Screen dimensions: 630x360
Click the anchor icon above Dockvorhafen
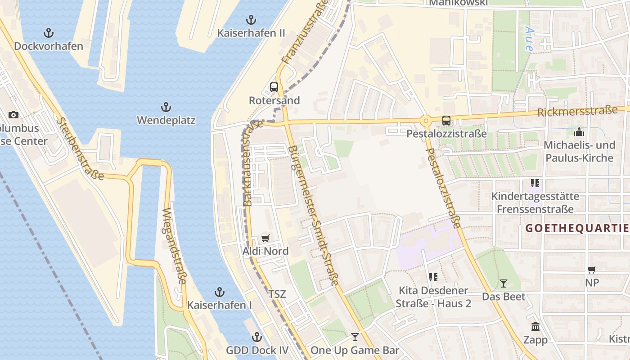[x=48, y=32]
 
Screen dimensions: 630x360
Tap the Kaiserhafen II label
[x=251, y=33]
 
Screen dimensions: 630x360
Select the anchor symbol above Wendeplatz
[x=166, y=107]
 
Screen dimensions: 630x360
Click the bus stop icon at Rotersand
[x=274, y=87]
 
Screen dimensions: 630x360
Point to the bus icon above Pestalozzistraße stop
[x=446, y=120]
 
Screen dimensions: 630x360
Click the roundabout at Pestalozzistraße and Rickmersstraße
[x=425, y=120]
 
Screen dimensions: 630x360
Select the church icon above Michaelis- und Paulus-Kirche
[x=579, y=132]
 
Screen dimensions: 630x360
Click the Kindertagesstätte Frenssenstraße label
[x=535, y=202]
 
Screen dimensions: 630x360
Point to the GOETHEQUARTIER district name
[x=577, y=228]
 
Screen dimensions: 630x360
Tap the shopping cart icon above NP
[x=592, y=270]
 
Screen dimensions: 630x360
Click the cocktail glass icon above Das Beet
[x=504, y=283]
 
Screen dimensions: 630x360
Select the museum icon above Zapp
[x=535, y=326]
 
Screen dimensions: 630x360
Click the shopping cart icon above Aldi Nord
[x=265, y=238]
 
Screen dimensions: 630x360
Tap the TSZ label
[x=277, y=294]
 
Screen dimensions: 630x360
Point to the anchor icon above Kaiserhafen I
[x=219, y=292]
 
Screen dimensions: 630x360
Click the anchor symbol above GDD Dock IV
[x=256, y=337]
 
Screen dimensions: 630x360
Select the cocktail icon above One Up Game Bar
[x=355, y=337]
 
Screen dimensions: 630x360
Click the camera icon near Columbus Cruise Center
[x=13, y=115]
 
